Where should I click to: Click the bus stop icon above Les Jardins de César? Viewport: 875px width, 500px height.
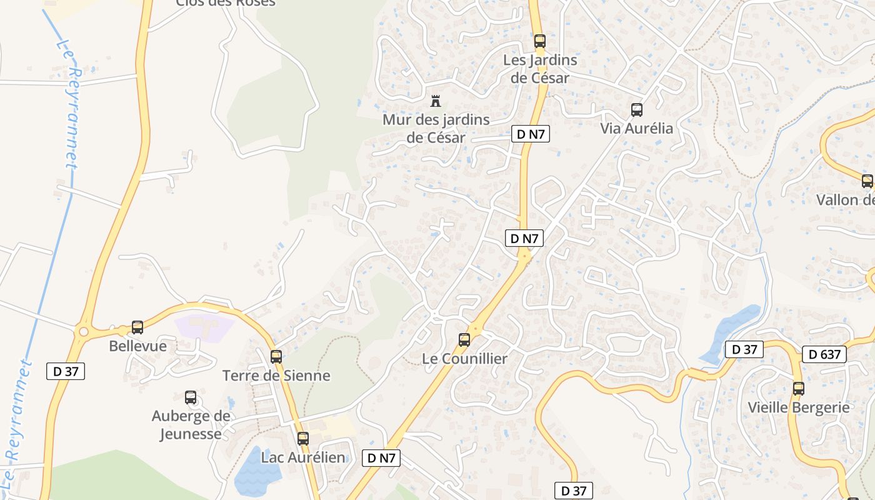539,41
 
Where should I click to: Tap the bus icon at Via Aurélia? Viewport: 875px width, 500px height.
637,110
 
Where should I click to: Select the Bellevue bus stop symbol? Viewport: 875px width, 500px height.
137,327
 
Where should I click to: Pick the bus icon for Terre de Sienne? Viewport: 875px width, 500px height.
276,357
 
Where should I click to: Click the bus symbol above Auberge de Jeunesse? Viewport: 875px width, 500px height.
191,397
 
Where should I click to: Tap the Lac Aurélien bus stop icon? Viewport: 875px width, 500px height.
303,438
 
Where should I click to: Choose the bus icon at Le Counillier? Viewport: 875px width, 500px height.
464,340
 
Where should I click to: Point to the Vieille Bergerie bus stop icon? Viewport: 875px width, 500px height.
798,388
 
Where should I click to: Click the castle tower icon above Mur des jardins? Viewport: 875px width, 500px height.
436,101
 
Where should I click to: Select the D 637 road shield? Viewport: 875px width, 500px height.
824,354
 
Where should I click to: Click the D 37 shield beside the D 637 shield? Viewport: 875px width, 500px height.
744,349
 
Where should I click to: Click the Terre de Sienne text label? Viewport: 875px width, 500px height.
276,376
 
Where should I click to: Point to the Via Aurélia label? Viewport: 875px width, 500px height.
636,128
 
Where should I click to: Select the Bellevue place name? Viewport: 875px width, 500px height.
137,346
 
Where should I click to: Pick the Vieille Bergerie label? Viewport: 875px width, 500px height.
799,407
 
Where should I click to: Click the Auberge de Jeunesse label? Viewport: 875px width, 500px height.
191,424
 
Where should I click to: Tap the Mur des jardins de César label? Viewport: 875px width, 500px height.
436,128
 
